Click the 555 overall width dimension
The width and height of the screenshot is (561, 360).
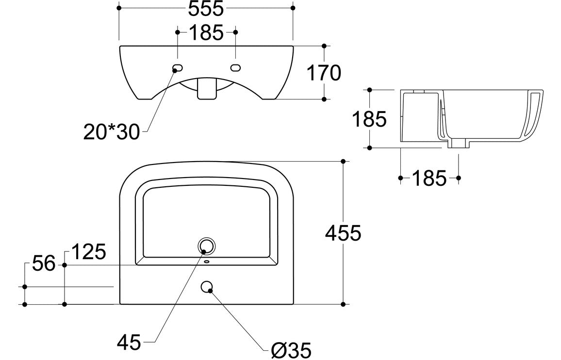pyautogui.click(x=206, y=8)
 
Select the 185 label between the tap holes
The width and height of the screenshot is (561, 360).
pyautogui.click(x=206, y=33)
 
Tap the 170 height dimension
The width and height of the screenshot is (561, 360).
pyautogui.click(x=324, y=73)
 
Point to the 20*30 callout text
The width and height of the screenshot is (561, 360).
pyautogui.click(x=111, y=131)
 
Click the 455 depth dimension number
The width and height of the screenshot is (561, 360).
pyautogui.click(x=343, y=233)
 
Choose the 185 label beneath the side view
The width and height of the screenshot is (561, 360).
pyautogui.click(x=429, y=179)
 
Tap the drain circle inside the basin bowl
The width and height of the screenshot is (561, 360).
pyautogui.click(x=207, y=246)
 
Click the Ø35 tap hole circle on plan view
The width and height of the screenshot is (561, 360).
pyautogui.click(x=207, y=287)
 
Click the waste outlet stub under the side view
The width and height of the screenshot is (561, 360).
pyautogui.click(x=457, y=144)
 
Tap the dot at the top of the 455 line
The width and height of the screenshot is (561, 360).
pyautogui.click(x=343, y=161)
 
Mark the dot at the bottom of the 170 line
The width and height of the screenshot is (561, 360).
pyautogui.click(x=324, y=99)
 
